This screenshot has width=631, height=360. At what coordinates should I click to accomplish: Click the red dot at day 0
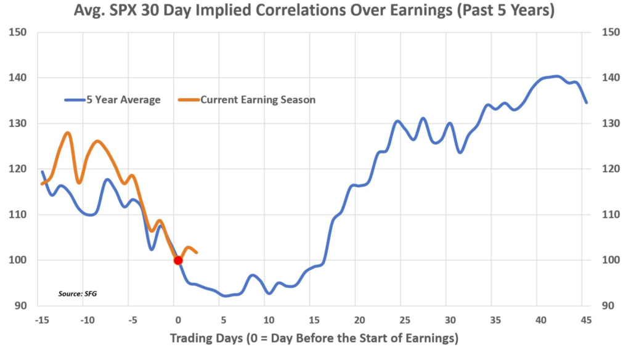coord(178,260)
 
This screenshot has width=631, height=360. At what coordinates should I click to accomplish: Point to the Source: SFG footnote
coord(78,294)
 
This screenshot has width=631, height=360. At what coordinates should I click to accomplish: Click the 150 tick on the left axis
coord(20,32)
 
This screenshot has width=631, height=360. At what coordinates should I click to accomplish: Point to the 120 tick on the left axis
coord(20,169)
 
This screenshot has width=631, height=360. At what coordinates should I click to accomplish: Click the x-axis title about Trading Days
coord(314,338)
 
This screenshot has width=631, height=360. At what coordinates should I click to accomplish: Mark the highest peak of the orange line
coord(68,133)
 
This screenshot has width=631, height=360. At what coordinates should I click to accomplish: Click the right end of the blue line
coord(586,102)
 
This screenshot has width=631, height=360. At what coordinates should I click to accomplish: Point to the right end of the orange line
coord(197,252)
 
